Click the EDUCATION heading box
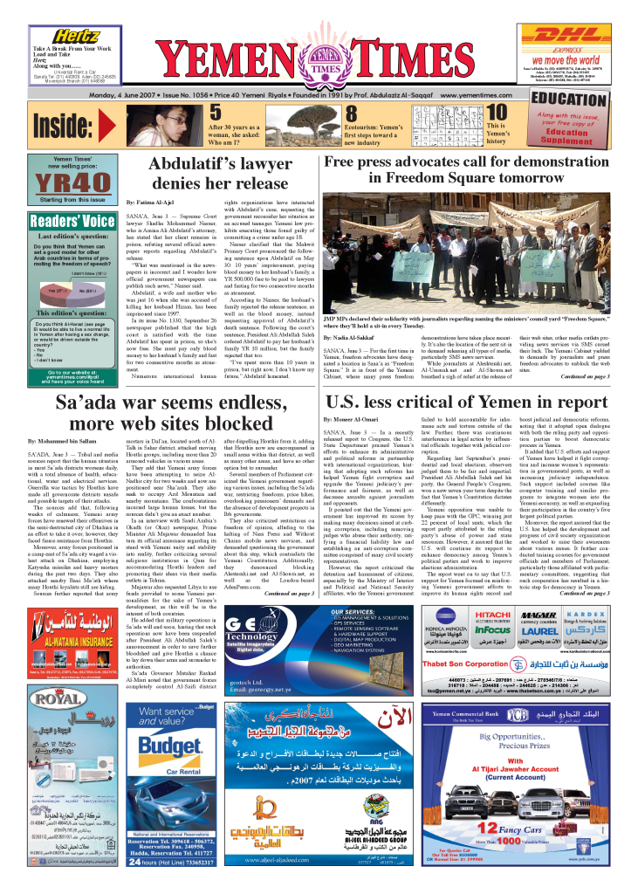[x=568, y=97]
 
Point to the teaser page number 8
[x=351, y=113]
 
